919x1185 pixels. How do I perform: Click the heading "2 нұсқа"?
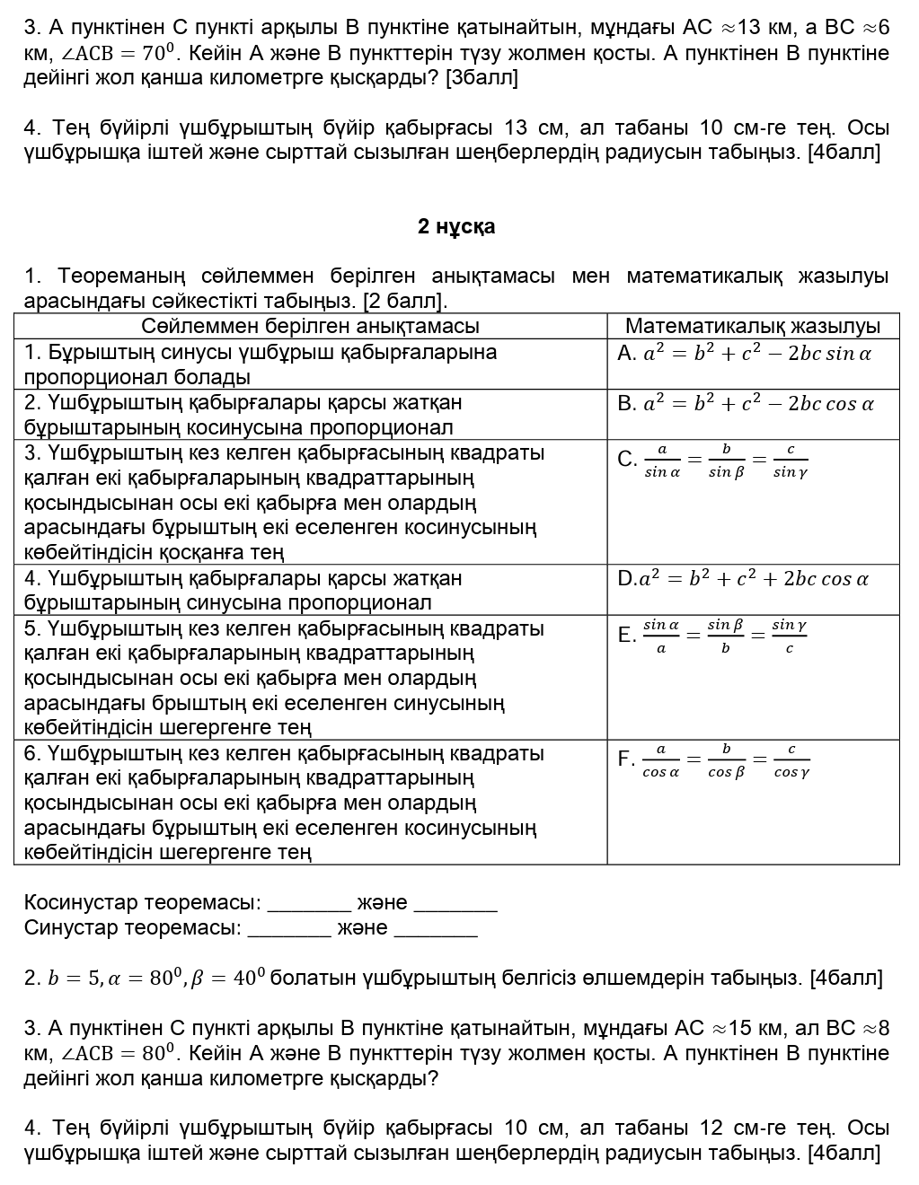tap(456, 227)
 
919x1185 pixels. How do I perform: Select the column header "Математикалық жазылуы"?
tap(752, 326)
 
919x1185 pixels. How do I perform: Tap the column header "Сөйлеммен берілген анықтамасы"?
tap(310, 326)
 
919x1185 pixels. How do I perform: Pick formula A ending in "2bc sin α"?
tap(745, 354)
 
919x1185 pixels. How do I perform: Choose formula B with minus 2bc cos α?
tap(746, 404)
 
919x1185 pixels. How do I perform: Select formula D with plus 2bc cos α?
tap(743, 579)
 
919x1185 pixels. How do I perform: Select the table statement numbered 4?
tap(243, 590)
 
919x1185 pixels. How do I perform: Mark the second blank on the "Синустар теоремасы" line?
tap(436, 928)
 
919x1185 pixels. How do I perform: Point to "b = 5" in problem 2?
tap(73, 978)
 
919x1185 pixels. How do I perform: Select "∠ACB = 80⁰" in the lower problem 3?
tap(118, 1053)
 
